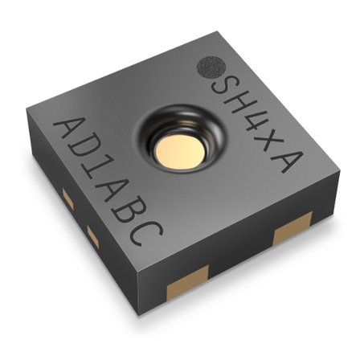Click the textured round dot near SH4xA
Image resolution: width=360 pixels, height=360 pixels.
(211, 67)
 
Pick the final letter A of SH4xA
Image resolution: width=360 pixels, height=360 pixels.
(287, 159)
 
